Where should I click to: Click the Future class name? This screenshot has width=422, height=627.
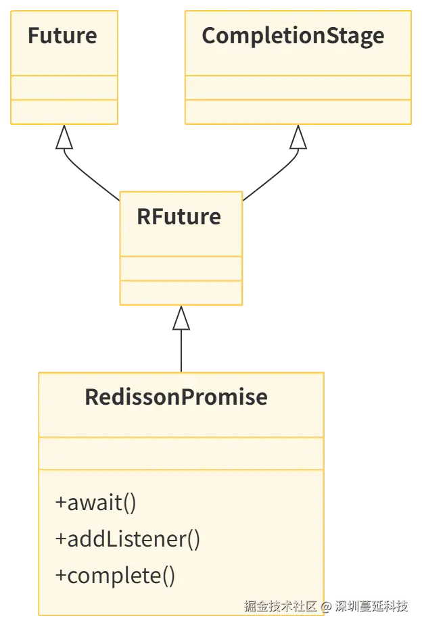[x=62, y=36]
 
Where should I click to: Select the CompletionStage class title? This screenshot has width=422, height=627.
[x=293, y=36]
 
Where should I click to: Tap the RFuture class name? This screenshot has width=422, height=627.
[x=179, y=217]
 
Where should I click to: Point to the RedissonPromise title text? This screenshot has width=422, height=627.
[x=176, y=397]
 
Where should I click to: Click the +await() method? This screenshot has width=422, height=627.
[x=96, y=503]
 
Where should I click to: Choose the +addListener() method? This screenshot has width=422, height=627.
[x=128, y=539]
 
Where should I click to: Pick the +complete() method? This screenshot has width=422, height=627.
[x=115, y=576]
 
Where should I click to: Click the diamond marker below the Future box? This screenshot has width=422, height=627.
[x=65, y=141]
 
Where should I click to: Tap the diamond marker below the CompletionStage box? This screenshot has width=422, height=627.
[x=298, y=141]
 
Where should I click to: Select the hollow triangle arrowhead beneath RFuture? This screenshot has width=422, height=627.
[x=181, y=323]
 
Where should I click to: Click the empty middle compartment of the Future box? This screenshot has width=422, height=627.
[x=65, y=88]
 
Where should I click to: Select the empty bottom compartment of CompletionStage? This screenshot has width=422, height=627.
[x=298, y=112]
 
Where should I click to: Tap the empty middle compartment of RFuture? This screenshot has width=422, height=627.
[x=181, y=268]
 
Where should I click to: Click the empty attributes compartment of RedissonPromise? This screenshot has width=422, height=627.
[x=181, y=453]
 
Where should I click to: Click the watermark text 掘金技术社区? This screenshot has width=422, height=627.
[x=280, y=605]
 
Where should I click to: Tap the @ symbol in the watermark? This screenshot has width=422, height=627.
[x=326, y=605]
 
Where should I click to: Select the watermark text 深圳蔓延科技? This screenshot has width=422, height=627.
[x=371, y=605]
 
